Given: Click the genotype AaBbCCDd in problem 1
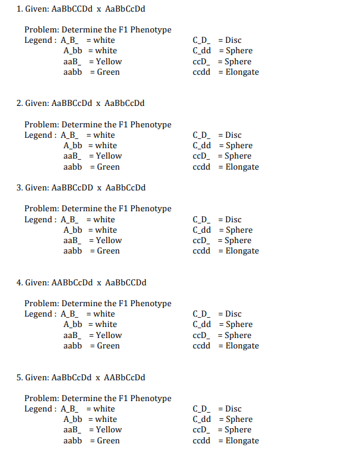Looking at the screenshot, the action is (72, 9).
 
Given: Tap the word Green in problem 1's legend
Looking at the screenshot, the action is (108, 72).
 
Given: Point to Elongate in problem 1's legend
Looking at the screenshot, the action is (242, 72).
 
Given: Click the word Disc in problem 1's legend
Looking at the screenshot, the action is (233, 40).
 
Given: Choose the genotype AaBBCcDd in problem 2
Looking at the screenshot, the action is (72, 103).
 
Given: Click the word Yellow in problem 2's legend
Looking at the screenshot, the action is (109, 156).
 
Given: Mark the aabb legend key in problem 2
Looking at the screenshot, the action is (73, 167).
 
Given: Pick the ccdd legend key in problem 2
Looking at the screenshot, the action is (201, 167).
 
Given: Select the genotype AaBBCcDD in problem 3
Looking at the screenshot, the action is (72, 188).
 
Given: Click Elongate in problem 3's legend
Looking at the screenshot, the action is (242, 251).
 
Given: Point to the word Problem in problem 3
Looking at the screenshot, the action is (41, 209).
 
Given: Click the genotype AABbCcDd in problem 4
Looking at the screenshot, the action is (72, 283).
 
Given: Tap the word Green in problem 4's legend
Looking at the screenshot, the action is (108, 346).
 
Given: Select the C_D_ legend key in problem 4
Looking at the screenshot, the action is (201, 314).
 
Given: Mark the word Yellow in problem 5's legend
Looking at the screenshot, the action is (109, 430).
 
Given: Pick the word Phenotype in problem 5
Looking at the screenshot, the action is (151, 399).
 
